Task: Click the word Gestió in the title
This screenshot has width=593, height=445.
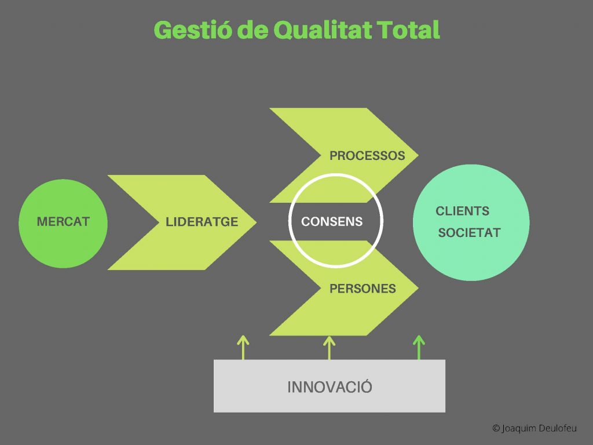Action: point(192,30)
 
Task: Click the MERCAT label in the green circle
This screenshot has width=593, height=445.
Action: point(63,221)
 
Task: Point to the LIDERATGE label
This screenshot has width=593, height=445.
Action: point(202,222)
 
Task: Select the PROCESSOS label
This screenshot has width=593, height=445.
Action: point(367,155)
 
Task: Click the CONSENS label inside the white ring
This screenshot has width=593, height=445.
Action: point(332,221)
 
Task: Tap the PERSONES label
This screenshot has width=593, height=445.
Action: point(363,289)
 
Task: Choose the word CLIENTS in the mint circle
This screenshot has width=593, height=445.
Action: point(463,211)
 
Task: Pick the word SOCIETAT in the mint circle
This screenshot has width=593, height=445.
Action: point(469,233)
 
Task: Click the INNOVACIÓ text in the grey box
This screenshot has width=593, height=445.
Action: point(330,386)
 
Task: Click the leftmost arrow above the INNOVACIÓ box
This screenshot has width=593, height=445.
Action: point(243,348)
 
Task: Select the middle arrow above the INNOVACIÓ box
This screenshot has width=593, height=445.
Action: point(329,348)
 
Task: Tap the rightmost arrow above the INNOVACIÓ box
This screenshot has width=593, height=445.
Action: point(419,348)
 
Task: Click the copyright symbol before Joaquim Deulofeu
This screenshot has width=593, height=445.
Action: point(496,428)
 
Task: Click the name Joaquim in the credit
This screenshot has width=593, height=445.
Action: point(518,429)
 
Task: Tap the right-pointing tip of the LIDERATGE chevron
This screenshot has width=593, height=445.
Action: point(257,222)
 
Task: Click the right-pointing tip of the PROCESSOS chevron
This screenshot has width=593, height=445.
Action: point(418,155)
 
